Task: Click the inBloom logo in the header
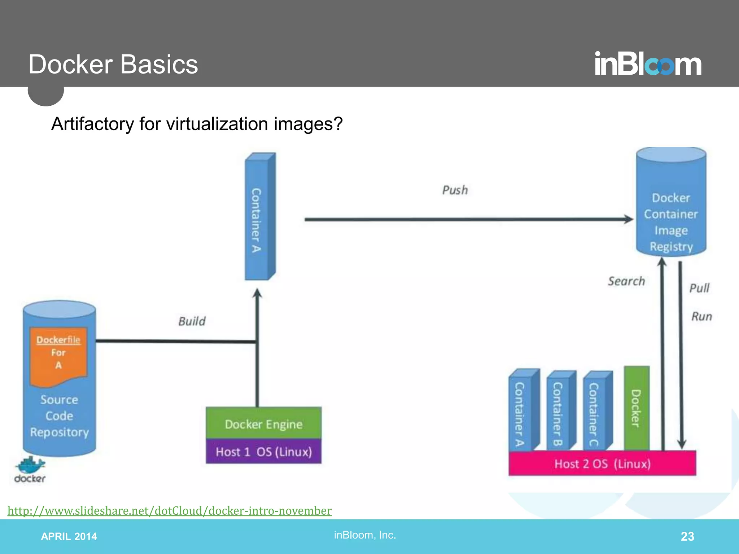[x=648, y=64]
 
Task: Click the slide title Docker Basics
[x=113, y=64]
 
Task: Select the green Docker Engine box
[x=263, y=423]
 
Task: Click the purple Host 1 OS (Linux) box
[x=263, y=452]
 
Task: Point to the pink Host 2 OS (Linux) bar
[x=602, y=463]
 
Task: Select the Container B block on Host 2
[x=559, y=411]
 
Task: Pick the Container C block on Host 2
[x=596, y=411]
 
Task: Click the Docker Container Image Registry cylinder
[x=671, y=209]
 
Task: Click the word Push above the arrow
[x=455, y=190]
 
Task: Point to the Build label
[x=192, y=321]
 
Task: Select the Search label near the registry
[x=626, y=281]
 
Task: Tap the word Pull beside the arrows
[x=699, y=288]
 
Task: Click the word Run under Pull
[x=701, y=316]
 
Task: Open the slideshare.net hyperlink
[x=170, y=511]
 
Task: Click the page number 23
[x=687, y=536]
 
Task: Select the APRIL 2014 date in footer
[x=69, y=536]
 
